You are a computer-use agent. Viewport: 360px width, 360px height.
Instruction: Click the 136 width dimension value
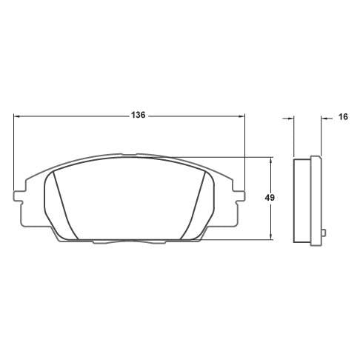coord(138,115)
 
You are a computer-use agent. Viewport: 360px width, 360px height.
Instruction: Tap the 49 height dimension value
coord(270,198)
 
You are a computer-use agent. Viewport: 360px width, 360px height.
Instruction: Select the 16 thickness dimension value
coord(343,116)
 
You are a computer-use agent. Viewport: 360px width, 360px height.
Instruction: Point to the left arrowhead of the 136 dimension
coord(16,116)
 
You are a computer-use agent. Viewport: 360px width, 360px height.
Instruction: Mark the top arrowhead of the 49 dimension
coord(271,160)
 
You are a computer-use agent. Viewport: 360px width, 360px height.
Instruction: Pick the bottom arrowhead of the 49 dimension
coord(271,236)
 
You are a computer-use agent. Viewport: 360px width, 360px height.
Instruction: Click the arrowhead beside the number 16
coord(324,119)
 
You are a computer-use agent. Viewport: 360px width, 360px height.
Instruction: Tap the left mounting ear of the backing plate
coord(17,197)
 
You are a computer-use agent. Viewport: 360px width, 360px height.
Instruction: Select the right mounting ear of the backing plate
coord(239,197)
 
